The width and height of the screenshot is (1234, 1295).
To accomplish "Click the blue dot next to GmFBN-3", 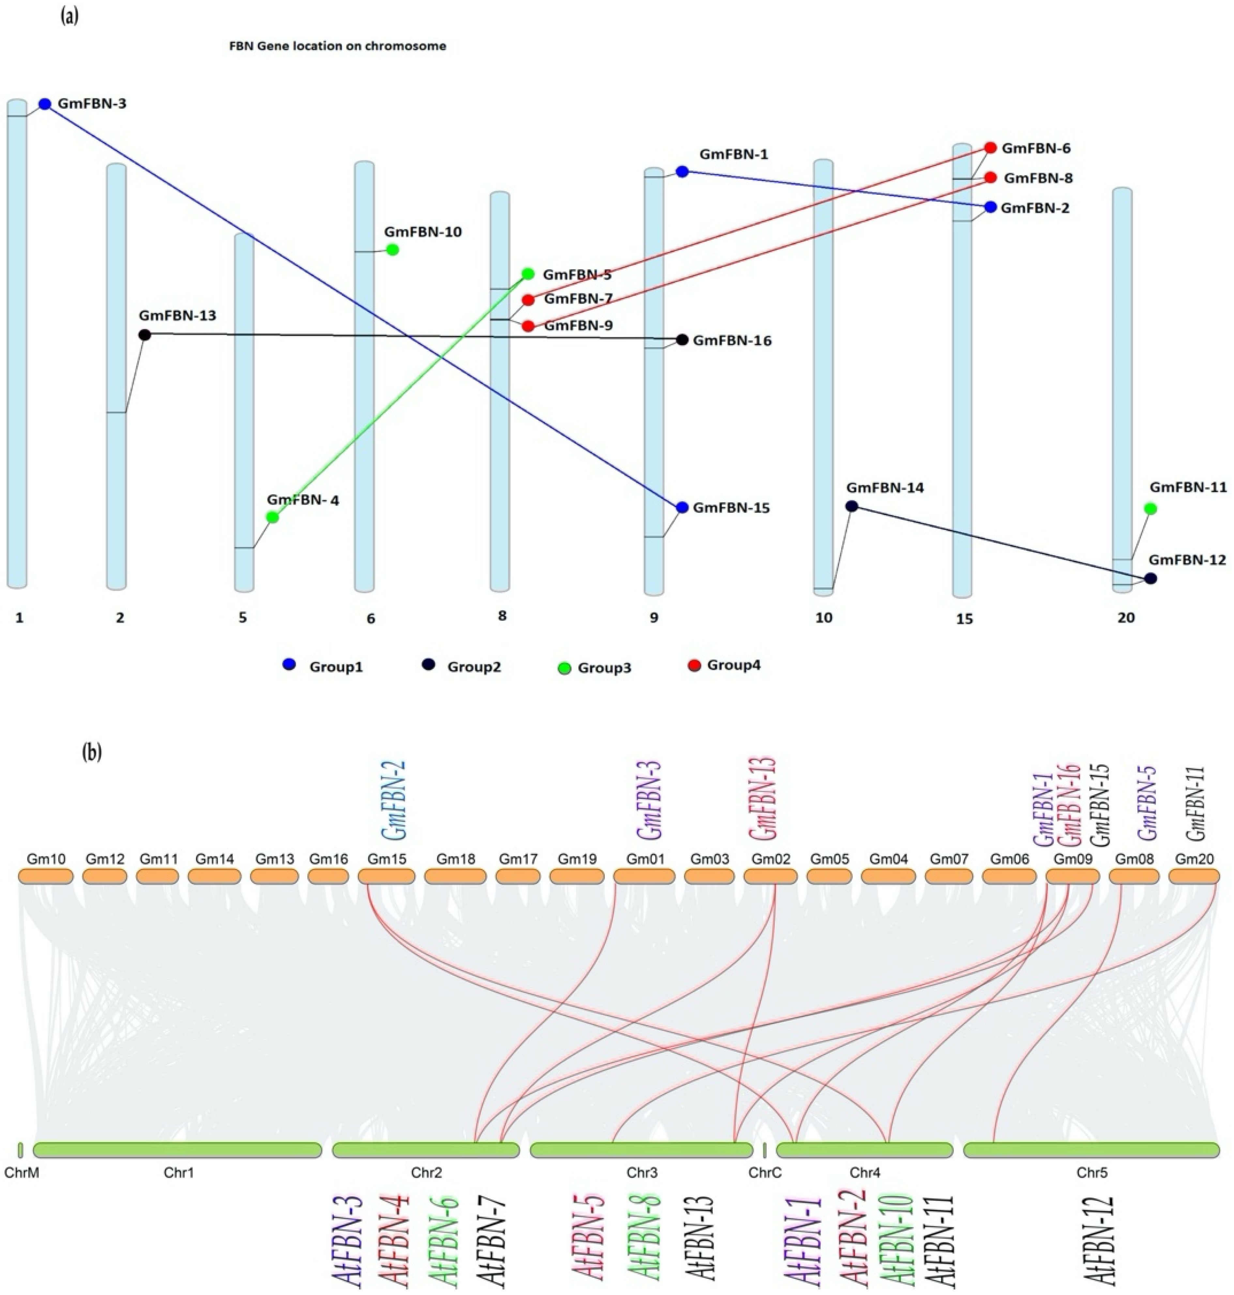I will coord(45,104).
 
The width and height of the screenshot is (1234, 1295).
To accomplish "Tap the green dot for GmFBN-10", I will coord(393,250).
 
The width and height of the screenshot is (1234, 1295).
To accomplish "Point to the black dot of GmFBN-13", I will coord(145,335).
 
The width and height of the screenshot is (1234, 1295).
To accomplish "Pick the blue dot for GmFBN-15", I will coord(682,508).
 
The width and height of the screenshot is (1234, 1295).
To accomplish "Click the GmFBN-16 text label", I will coord(732,341).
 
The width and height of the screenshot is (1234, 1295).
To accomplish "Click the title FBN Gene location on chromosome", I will coord(337,46).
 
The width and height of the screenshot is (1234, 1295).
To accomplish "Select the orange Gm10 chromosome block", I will coord(45,877).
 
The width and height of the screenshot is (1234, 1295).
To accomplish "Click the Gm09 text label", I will coord(1072,859).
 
